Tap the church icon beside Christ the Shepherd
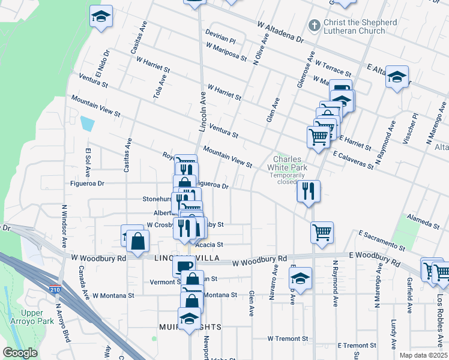tap(313, 26)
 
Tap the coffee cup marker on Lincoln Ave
tap(184, 265)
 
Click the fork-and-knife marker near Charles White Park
tap(309, 191)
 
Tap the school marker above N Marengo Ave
tap(397, 76)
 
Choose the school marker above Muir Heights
tap(189, 318)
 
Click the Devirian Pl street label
tap(221, 38)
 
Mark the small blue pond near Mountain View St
tap(88, 124)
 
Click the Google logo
tap(20, 353)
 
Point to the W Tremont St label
tap(288, 339)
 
